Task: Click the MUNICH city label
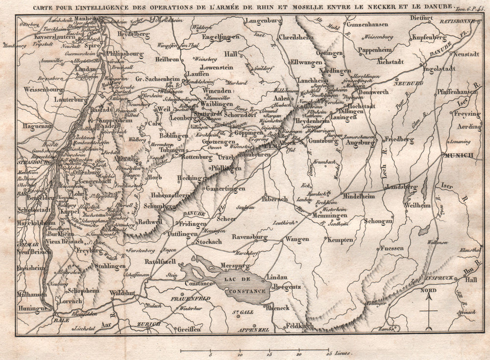tap(459, 155)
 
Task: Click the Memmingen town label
tap(327, 215)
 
